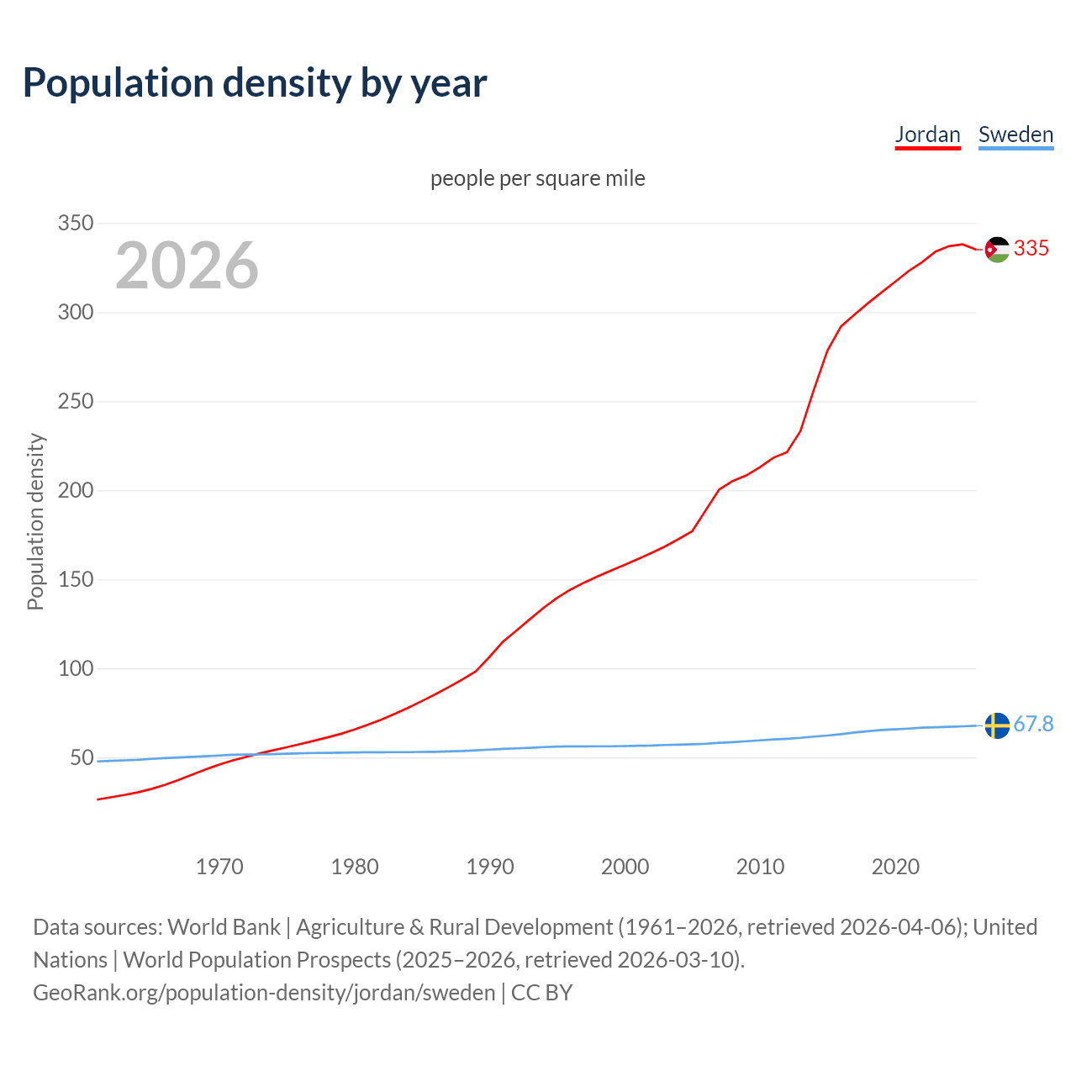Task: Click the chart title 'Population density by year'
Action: coord(255,82)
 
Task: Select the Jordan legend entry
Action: coord(927,134)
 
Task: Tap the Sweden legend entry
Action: coord(1015,134)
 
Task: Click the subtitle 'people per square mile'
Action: coord(538,178)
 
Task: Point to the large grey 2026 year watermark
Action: coord(187,266)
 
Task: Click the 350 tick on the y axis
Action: coord(75,224)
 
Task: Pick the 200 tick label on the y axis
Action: coord(75,491)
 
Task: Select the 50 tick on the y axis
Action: coord(82,758)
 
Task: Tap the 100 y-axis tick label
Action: coord(75,669)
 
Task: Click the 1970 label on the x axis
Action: coord(219,867)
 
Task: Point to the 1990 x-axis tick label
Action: coord(490,867)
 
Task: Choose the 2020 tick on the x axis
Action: coord(895,867)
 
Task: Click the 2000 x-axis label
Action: coord(625,867)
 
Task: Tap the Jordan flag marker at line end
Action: coord(997,250)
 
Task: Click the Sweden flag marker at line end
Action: coord(997,725)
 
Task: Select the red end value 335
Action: coord(1031,248)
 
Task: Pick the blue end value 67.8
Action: coord(1033,724)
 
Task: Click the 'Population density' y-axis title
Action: coord(35,521)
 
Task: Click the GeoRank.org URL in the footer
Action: coord(264,993)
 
